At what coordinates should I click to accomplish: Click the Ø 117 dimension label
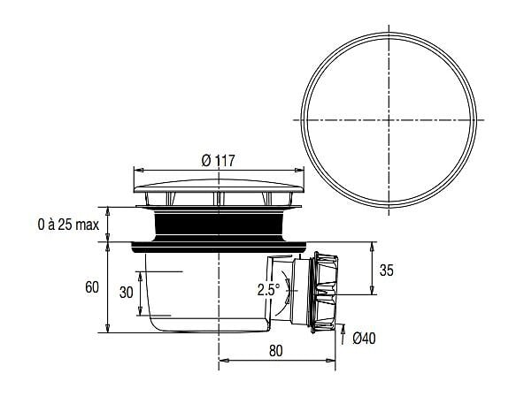(x=219, y=161)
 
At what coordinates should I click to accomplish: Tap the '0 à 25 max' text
(x=68, y=225)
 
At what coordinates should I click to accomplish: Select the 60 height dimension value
(x=92, y=287)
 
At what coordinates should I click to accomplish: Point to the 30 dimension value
(x=127, y=292)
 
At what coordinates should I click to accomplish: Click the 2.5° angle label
(x=269, y=289)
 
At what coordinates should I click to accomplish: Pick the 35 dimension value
(x=387, y=271)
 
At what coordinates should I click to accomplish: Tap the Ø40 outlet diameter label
(x=365, y=339)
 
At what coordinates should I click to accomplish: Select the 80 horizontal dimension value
(x=275, y=351)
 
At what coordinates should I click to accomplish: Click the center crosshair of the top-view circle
(x=389, y=120)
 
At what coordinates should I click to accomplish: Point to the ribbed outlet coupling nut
(x=324, y=293)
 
